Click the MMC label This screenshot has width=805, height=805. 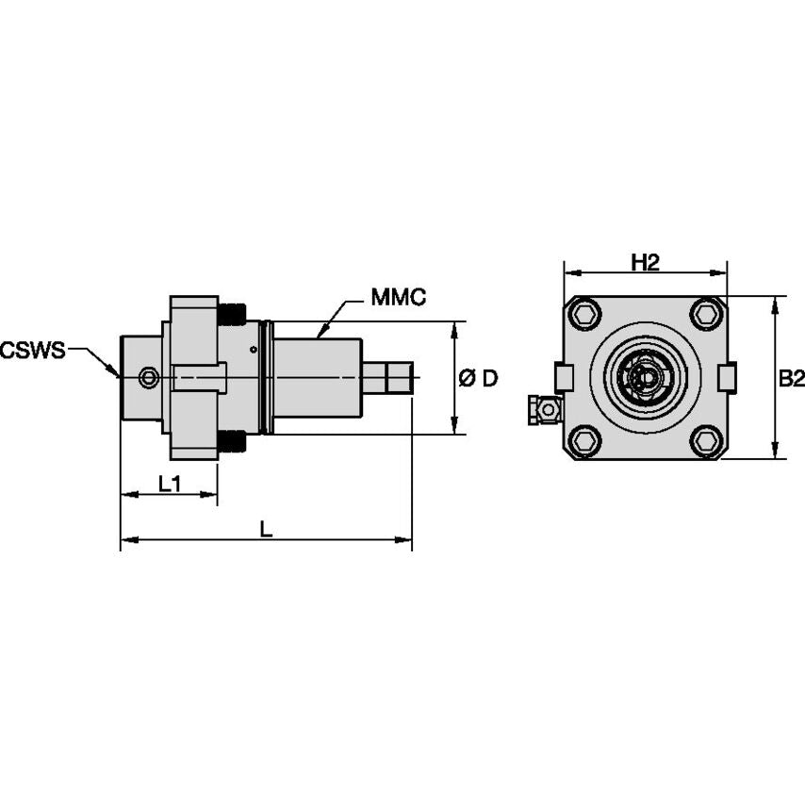coord(398,298)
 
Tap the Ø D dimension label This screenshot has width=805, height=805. coord(478,379)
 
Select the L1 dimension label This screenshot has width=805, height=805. coord(170,484)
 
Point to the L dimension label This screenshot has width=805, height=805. coord(267,530)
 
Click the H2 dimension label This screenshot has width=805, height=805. coord(645,263)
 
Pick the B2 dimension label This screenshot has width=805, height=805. coord(791,378)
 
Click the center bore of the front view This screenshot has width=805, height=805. coord(645,378)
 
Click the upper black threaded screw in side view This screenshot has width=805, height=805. coord(232,314)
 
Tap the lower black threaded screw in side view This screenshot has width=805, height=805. coord(232,441)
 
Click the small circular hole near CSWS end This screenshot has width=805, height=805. coord(148,379)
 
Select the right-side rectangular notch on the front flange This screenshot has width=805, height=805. coord(728,377)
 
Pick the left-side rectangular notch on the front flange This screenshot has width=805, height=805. coord(564,377)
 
